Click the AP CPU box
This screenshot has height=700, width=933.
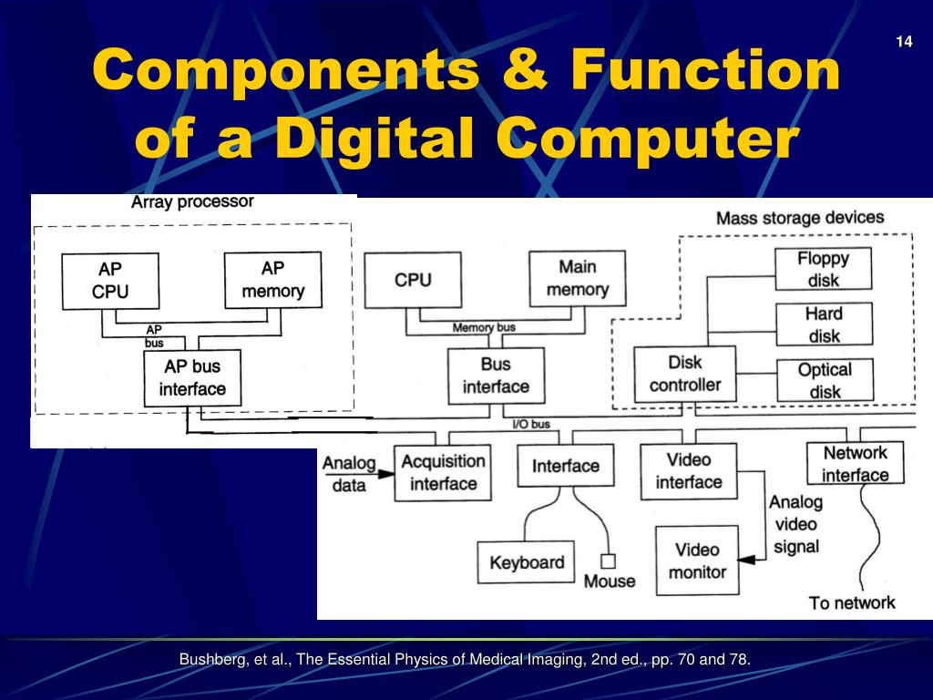110,280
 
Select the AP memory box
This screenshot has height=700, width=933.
272,279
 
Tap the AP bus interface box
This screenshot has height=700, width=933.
192,378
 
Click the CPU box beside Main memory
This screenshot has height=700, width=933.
413,280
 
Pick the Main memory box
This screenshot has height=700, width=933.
577,278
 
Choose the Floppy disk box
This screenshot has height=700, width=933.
823,269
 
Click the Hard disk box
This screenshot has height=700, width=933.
824,324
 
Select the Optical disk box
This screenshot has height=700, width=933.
824,380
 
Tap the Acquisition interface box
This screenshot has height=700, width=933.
443,472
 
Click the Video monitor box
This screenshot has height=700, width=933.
698,561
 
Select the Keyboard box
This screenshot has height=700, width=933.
527,562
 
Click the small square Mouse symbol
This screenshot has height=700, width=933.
608,561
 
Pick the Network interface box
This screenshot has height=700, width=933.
855,463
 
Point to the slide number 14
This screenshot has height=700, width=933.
904,42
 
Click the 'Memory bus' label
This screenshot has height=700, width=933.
484,327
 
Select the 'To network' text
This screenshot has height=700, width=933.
852,602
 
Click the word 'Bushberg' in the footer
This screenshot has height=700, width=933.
210,659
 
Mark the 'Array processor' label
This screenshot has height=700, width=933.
192,201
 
